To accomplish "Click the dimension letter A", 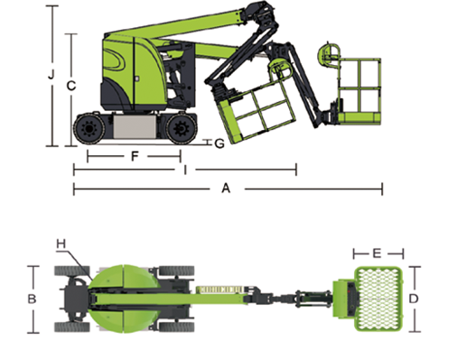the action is [x=226, y=189].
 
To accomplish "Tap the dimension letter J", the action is [x=51, y=74].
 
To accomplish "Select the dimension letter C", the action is [x=71, y=86].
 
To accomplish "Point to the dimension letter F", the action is [x=135, y=156].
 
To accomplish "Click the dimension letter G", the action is [x=219, y=143].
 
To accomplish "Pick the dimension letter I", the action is [x=185, y=170].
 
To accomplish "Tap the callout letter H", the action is [x=61, y=244].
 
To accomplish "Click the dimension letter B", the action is [x=32, y=299].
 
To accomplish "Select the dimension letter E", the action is [x=377, y=254].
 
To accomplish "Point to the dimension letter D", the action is [x=414, y=299].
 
